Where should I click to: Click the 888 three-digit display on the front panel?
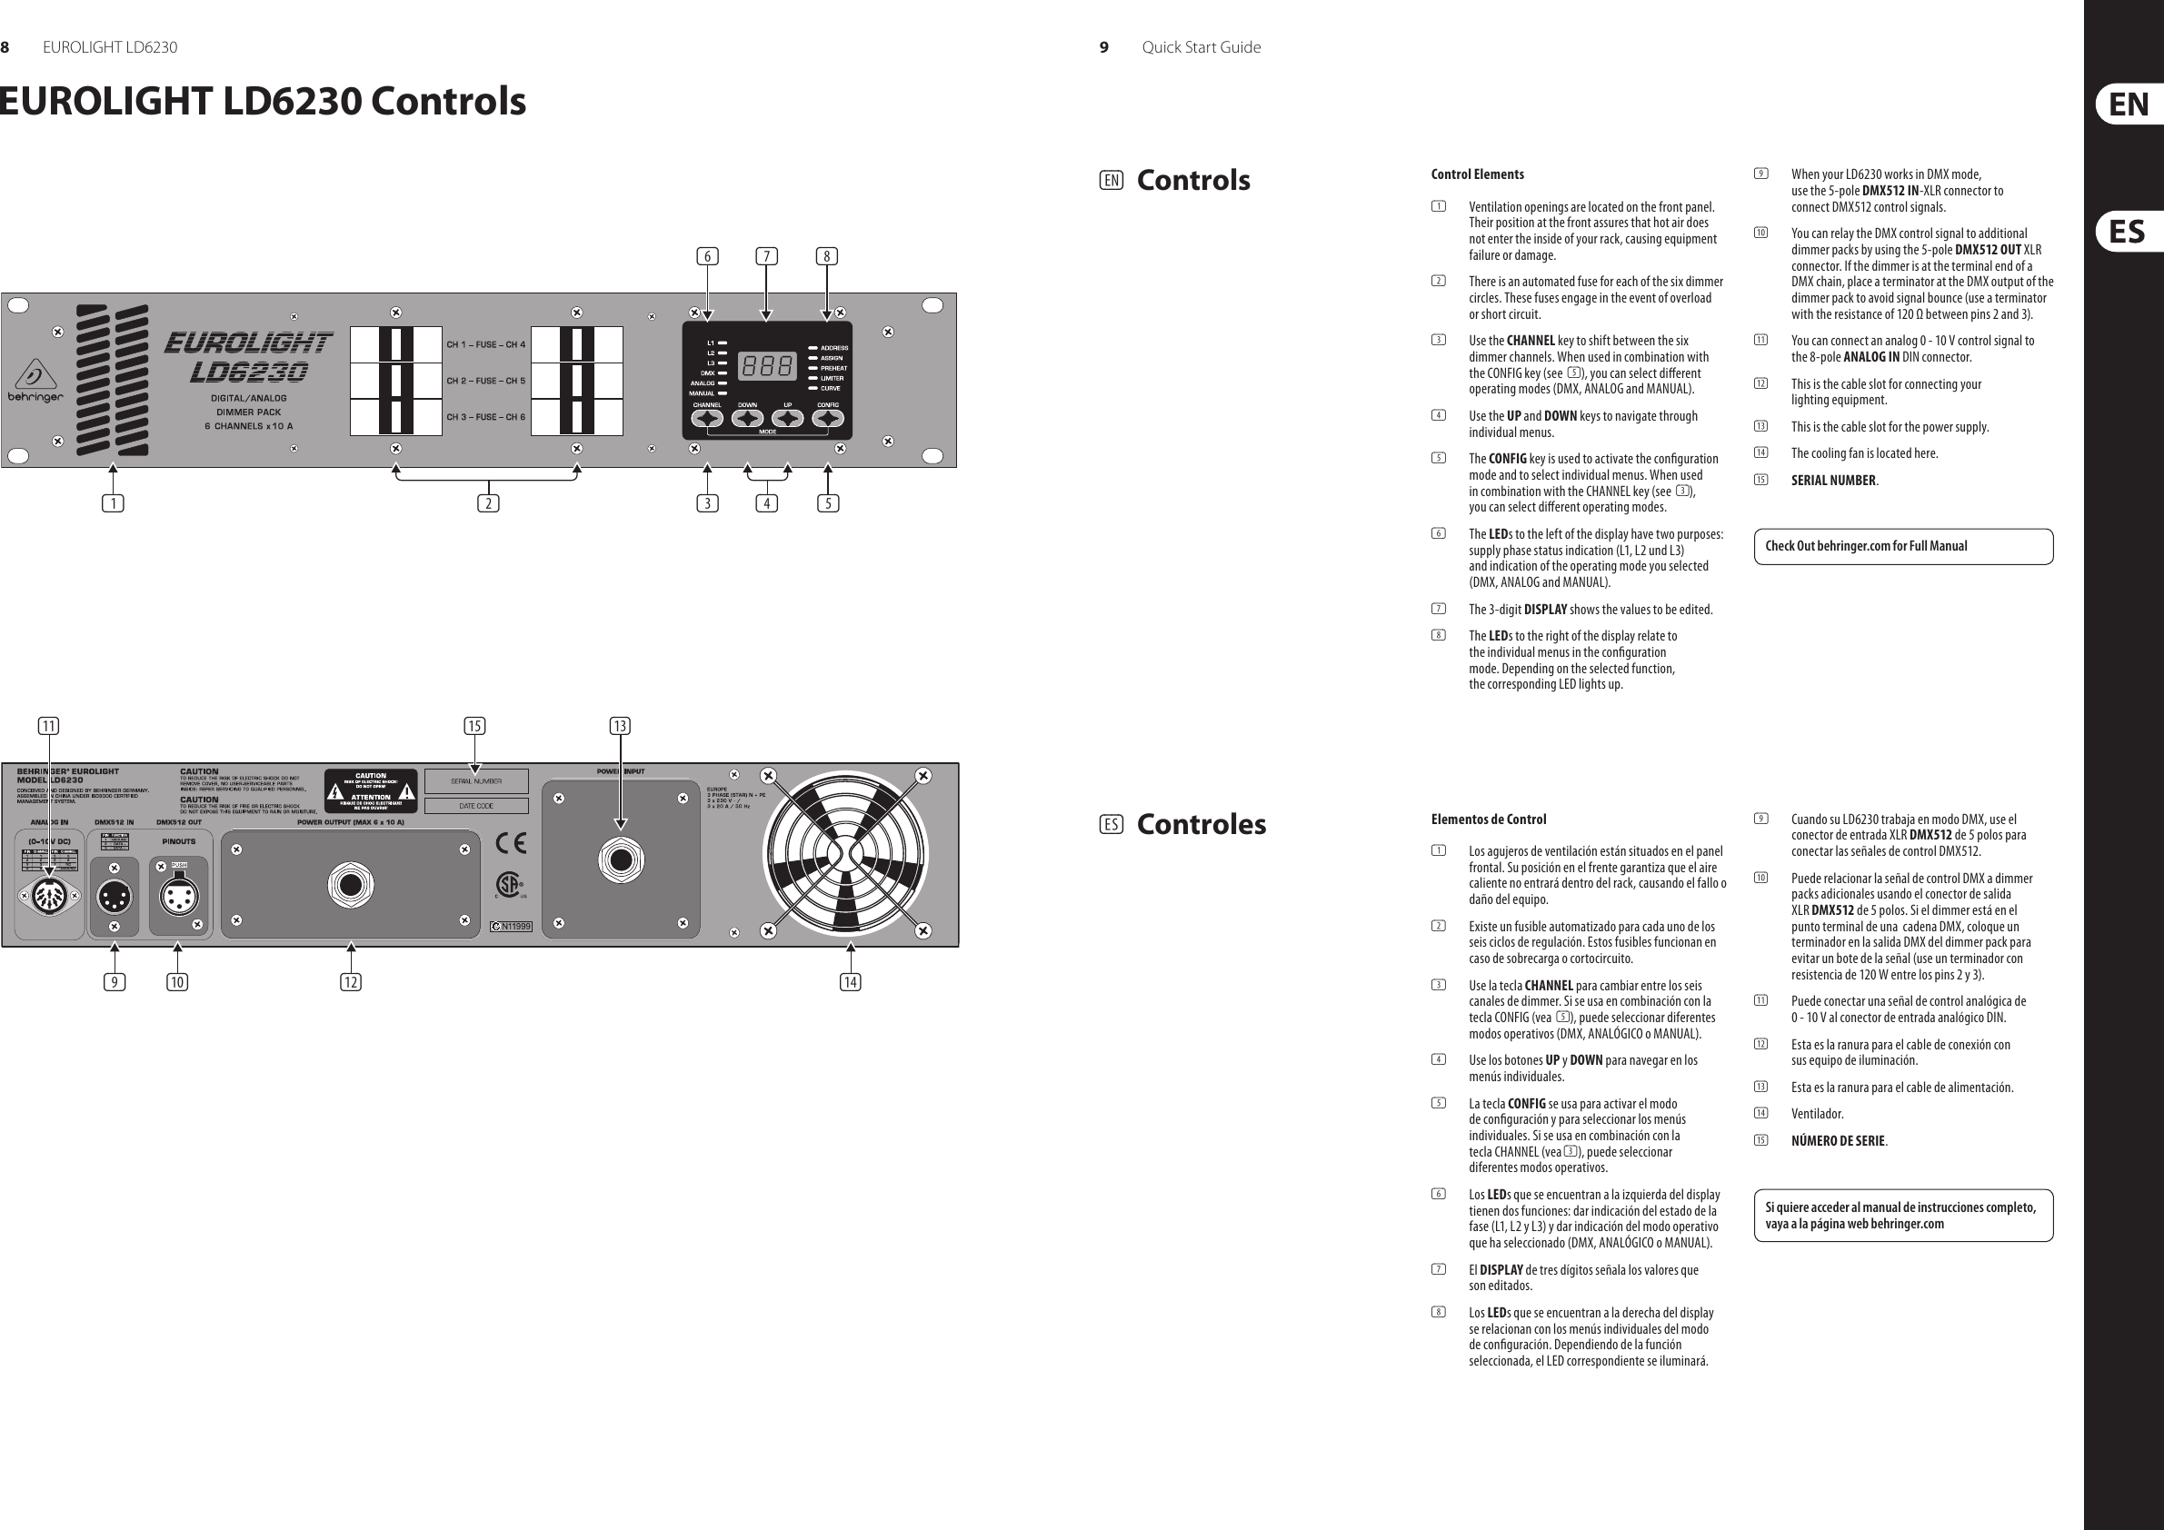[767, 365]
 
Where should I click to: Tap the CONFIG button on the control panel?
[828, 419]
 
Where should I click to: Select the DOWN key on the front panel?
[747, 419]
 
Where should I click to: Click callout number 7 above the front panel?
[766, 256]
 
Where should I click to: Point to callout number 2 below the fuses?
[487, 503]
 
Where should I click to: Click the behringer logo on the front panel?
[35, 382]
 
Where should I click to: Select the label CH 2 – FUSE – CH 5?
[486, 381]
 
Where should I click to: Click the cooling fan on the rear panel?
[845, 853]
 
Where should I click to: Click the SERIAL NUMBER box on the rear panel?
[476, 781]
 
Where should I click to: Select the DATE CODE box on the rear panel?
[476, 807]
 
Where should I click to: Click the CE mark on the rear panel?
[511, 842]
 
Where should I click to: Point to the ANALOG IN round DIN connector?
[48, 896]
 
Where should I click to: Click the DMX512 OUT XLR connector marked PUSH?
[178, 896]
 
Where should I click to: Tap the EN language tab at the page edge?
[2129, 104]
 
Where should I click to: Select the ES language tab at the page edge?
[2129, 232]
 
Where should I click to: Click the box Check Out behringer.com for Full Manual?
[1903, 546]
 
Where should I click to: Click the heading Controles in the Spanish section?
[1201, 824]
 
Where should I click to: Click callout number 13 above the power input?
[619, 725]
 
